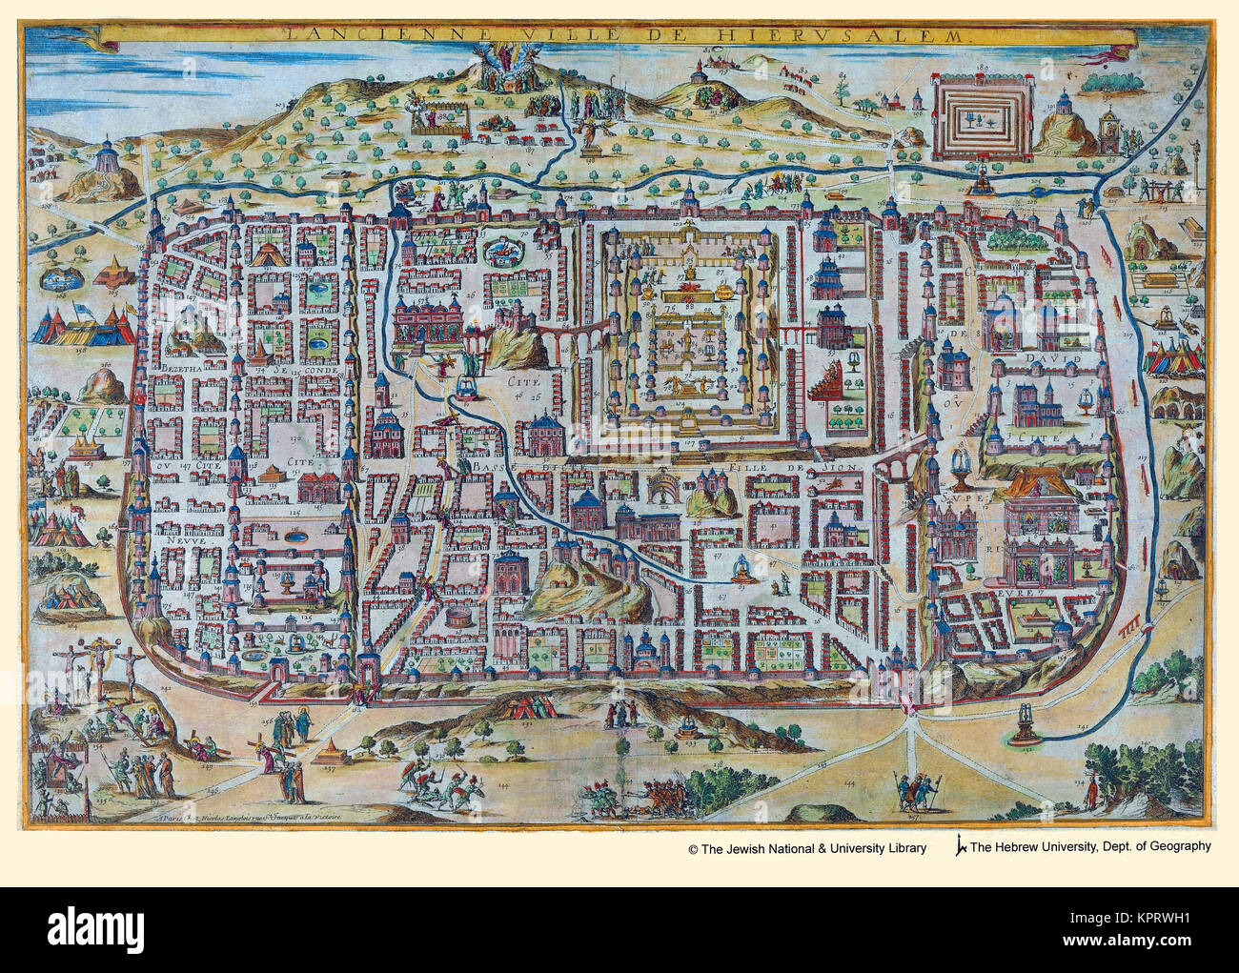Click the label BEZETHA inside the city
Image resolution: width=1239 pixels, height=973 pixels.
[x=181, y=368]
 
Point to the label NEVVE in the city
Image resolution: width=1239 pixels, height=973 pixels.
[x=172, y=537]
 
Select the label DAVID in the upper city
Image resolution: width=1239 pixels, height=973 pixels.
[x=1051, y=359]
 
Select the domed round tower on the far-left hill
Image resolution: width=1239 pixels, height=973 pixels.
[x=110, y=158]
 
